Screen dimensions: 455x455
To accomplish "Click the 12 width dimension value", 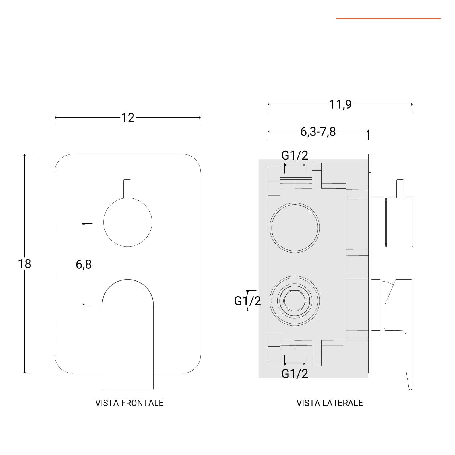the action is pos(128,118).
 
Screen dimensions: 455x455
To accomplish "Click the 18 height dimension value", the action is pos(24,264).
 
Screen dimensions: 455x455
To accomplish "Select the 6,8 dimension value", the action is pos(84,264).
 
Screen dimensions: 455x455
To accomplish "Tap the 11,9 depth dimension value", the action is pos(340,105).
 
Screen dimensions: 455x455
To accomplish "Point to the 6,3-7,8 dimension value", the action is pos(318,132).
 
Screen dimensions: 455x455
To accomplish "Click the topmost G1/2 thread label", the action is pos(295,155).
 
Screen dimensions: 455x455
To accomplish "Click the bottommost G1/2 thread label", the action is pos(295,374).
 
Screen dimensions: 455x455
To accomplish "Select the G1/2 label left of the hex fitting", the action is pos(247,301).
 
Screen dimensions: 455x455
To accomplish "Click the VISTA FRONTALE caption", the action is pos(129,403).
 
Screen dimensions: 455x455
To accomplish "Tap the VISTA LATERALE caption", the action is pos(330,403).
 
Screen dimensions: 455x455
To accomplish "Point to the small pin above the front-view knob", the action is pos(128,189).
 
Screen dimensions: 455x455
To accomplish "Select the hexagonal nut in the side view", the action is pos(294,301).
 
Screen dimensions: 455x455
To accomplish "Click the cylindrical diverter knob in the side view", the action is pos(399,222).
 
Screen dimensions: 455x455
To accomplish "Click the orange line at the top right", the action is pos(388,19).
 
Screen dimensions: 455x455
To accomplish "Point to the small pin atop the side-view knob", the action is pos(400,189).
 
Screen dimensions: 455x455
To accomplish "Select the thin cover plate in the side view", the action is pos(370,263).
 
